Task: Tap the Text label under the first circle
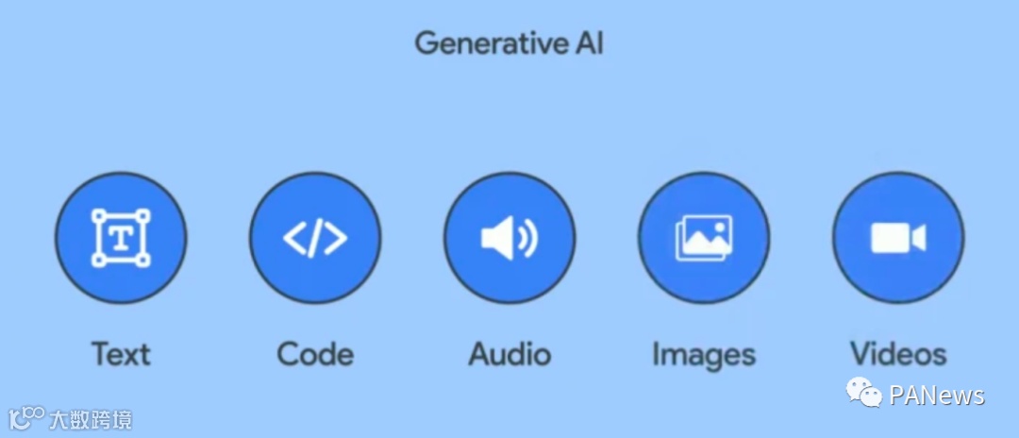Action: click(x=121, y=354)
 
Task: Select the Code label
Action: click(x=315, y=354)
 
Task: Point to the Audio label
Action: click(x=509, y=354)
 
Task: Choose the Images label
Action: click(x=704, y=354)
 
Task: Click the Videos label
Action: click(x=898, y=354)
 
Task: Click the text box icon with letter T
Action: click(x=121, y=238)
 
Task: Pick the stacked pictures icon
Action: click(x=704, y=238)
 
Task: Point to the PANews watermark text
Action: click(x=937, y=395)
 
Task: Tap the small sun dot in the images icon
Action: click(x=719, y=227)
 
